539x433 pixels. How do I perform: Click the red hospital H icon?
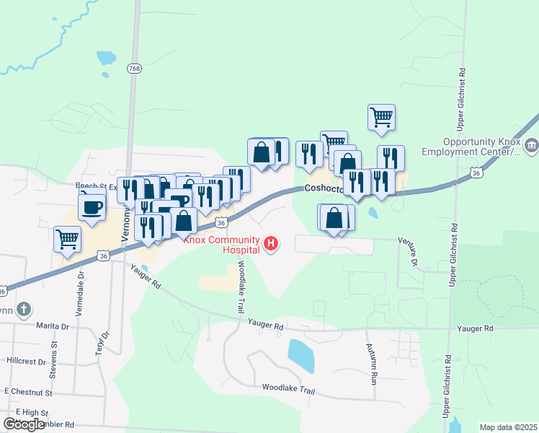(x=271, y=244)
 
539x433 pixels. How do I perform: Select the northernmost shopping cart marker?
(x=381, y=117)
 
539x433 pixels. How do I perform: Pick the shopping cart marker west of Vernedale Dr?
(x=67, y=239)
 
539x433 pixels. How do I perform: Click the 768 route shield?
(x=134, y=69)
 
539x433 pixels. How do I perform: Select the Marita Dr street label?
(x=54, y=326)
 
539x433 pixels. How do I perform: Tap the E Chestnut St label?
(x=29, y=392)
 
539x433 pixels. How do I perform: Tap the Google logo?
(x=24, y=424)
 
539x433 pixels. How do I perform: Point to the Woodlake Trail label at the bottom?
(x=288, y=390)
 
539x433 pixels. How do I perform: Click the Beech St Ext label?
(x=97, y=185)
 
